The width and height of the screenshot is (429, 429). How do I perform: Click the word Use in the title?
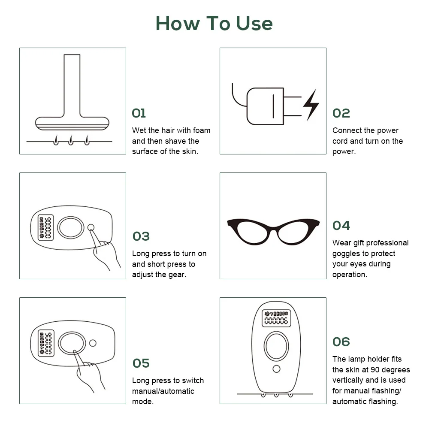click(x=254, y=23)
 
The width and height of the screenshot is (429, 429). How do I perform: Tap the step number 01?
click(x=139, y=113)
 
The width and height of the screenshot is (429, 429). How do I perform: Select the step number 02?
click(x=341, y=113)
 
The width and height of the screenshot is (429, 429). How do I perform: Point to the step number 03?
click(x=141, y=236)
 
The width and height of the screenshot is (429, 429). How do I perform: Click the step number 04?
click(x=341, y=226)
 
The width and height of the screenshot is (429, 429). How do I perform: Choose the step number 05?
click(x=141, y=363)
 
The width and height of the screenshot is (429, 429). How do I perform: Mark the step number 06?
click(x=341, y=342)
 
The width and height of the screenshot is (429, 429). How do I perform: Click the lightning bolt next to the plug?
click(x=311, y=105)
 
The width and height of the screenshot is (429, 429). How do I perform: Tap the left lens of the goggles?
click(x=250, y=232)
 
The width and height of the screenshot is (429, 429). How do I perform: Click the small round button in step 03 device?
click(x=91, y=227)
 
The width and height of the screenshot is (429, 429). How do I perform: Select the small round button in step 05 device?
click(x=93, y=343)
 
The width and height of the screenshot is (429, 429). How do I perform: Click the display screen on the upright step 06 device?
click(x=276, y=318)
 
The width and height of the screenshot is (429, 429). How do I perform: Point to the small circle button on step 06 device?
click(x=276, y=369)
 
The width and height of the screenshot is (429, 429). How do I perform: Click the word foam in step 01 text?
click(x=201, y=130)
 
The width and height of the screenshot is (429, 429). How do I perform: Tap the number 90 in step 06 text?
click(x=375, y=370)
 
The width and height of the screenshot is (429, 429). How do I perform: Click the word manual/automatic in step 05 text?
click(x=163, y=391)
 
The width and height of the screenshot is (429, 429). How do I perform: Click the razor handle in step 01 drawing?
click(x=72, y=85)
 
